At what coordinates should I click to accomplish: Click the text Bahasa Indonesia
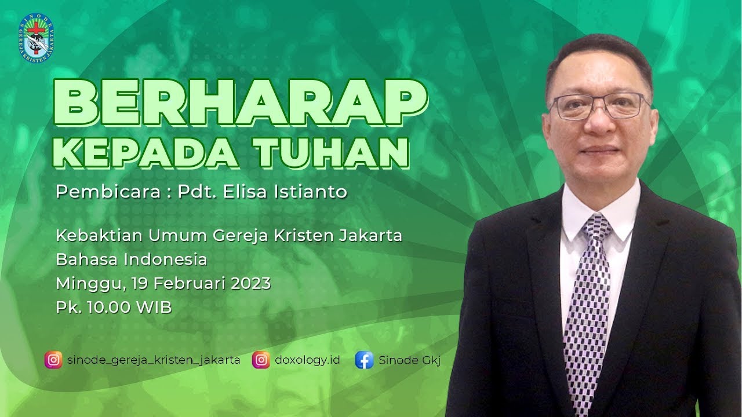pyautogui.click(x=132, y=259)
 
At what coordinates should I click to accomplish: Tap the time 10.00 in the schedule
pyautogui.click(x=109, y=308)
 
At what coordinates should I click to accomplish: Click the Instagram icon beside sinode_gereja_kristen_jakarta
pyautogui.click(x=53, y=360)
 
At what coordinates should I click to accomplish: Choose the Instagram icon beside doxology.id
pyautogui.click(x=261, y=360)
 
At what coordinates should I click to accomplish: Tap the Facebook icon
pyautogui.click(x=364, y=360)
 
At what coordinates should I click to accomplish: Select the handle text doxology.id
pyautogui.click(x=307, y=360)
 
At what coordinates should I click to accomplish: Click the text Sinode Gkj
pyautogui.click(x=410, y=360)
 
